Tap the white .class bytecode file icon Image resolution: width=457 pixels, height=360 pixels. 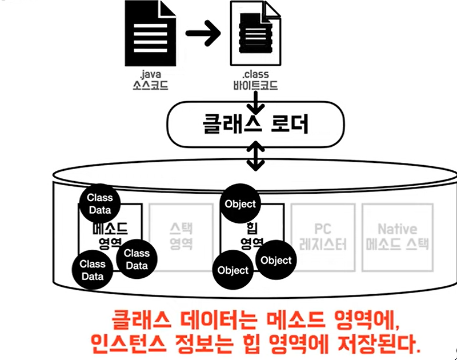click(255, 34)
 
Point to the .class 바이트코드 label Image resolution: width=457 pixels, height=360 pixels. click(255, 81)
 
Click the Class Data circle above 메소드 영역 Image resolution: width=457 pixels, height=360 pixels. click(100, 203)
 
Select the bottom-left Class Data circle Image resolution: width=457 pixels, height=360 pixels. click(93, 269)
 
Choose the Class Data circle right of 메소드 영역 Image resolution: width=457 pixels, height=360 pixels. click(136, 259)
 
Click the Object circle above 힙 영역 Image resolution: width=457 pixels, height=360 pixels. click(240, 204)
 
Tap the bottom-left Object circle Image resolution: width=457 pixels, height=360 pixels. click(233, 270)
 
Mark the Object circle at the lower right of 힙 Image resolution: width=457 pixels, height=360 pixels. click(275, 260)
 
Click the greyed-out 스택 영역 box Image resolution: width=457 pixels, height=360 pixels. click(181, 235)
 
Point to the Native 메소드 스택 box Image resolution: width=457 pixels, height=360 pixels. click(396, 235)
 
